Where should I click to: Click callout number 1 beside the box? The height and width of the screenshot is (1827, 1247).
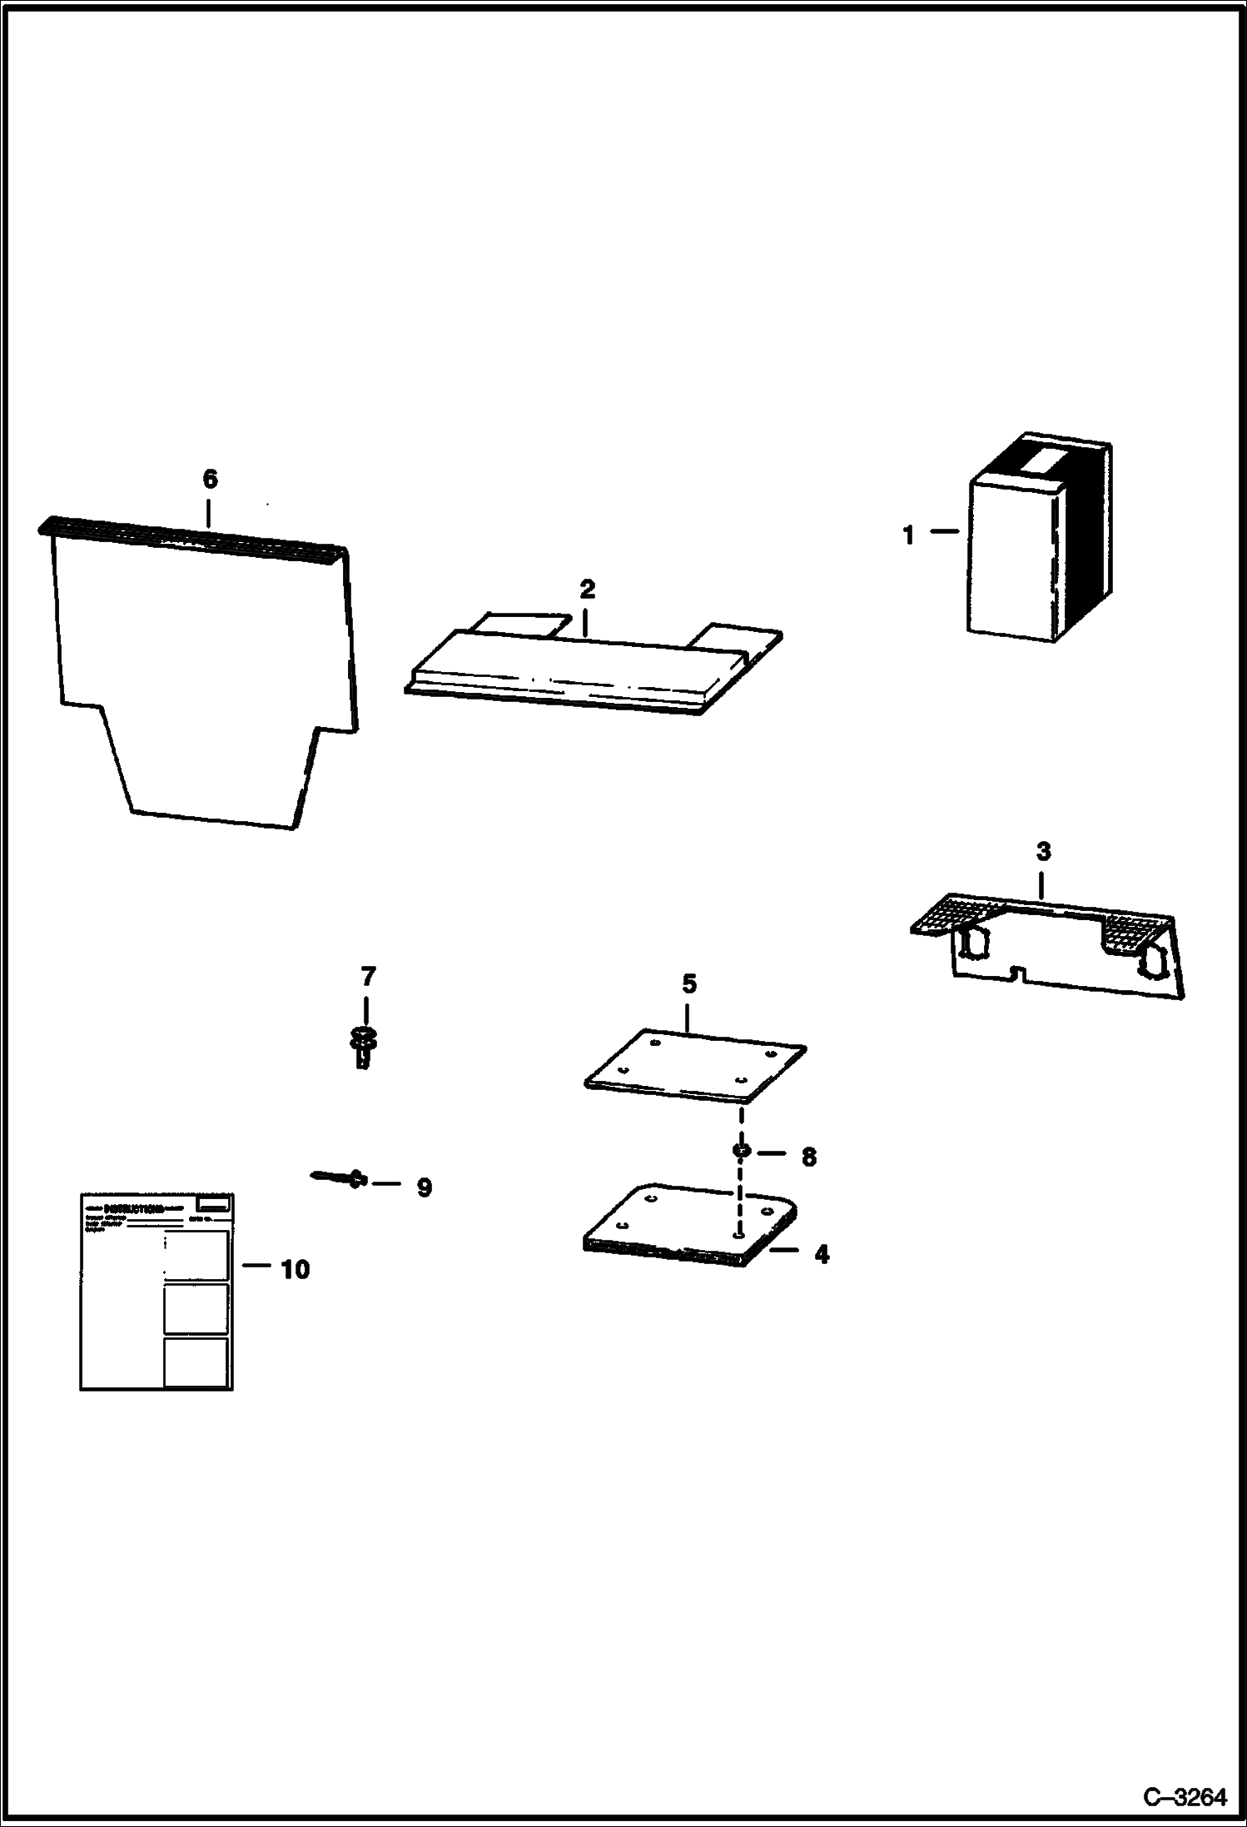(x=909, y=535)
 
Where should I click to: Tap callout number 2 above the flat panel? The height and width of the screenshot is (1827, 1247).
(x=587, y=590)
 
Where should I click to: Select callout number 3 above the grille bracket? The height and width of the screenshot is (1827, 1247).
(x=1043, y=852)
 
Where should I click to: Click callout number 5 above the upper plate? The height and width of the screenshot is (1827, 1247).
(x=688, y=983)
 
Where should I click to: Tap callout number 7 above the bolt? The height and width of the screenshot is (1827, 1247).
(x=367, y=975)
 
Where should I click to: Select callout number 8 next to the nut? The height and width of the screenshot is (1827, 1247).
(x=808, y=1157)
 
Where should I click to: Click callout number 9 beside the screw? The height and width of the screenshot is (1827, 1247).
(x=424, y=1187)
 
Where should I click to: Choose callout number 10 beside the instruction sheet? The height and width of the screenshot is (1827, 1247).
(x=295, y=1269)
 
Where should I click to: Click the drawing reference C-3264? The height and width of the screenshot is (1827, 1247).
(x=1185, y=1798)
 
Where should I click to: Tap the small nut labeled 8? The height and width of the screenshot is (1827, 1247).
(x=738, y=1151)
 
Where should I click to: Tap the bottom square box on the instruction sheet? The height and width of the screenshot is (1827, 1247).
(x=196, y=1362)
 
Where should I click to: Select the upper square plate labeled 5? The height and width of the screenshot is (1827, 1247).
(x=695, y=1066)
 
